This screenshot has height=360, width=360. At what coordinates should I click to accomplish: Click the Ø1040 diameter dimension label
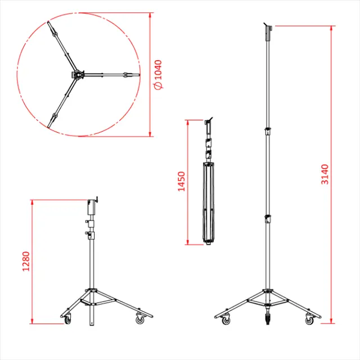click(x=158, y=74)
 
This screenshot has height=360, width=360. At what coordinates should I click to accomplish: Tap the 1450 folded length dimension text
click(x=181, y=182)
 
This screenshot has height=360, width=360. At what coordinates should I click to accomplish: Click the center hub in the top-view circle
click(x=78, y=74)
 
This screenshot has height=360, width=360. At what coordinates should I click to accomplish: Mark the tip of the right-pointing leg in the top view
click(x=137, y=74)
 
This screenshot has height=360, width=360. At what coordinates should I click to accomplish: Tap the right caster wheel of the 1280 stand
click(x=139, y=319)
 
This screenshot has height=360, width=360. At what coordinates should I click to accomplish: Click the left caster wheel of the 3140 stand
click(x=226, y=320)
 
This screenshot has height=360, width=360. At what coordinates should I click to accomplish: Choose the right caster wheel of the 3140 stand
click(x=309, y=320)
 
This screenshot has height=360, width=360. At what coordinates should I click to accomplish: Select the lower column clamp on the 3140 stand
click(x=268, y=218)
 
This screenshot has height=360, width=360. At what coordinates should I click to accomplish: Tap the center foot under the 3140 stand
click(x=268, y=322)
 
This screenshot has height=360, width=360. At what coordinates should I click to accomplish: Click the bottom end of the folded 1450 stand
click(x=209, y=242)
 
